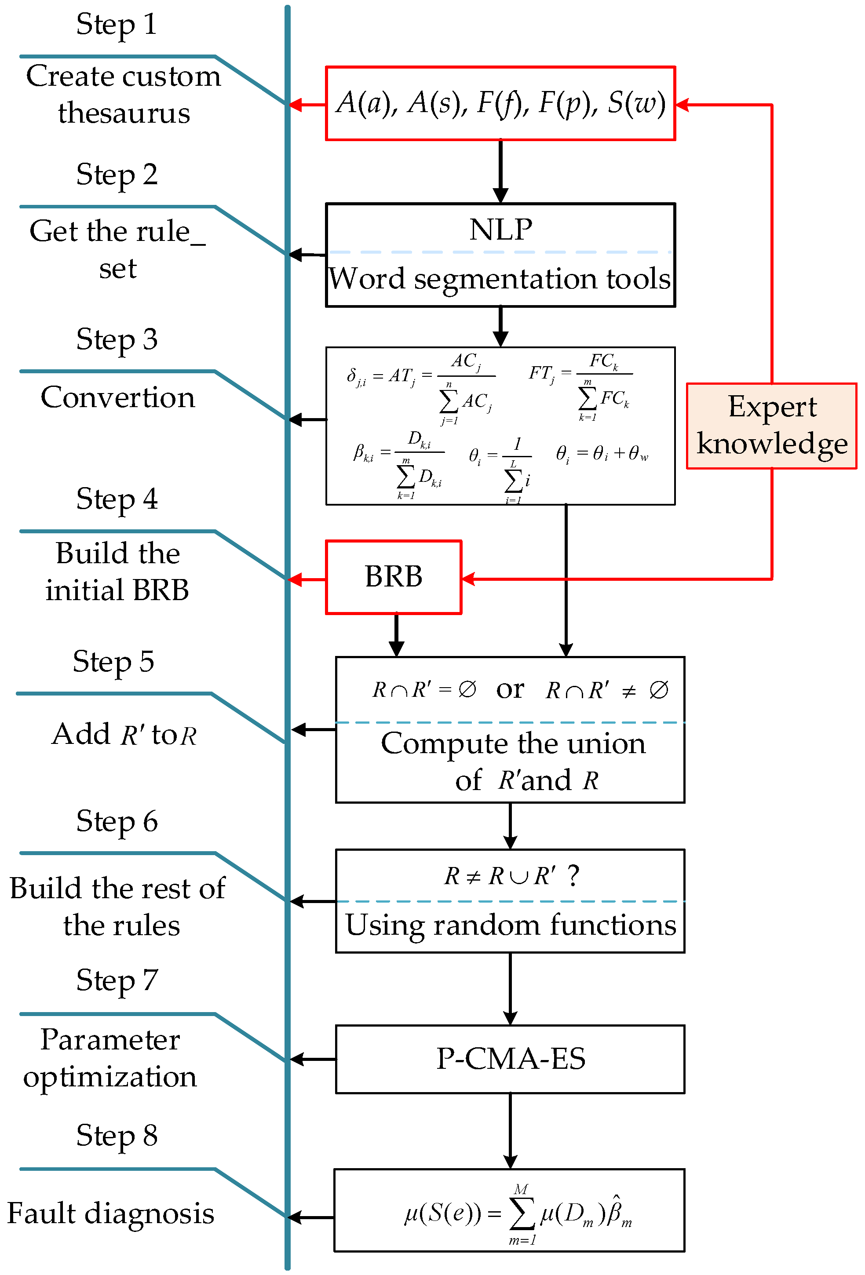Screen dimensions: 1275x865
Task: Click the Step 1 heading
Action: [117, 25]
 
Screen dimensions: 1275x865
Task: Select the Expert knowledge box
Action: [771, 426]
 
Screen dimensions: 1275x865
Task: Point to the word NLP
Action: [500, 229]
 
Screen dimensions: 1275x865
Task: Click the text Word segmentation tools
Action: [500, 279]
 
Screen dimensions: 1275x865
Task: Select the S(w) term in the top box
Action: [635, 102]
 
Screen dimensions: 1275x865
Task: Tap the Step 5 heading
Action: [113, 661]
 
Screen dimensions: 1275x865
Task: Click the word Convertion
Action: [117, 397]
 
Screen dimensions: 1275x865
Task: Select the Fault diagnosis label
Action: [110, 1213]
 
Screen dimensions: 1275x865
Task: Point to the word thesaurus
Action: [124, 113]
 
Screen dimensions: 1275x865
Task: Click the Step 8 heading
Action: [117, 1135]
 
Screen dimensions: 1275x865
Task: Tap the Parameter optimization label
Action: [110, 1058]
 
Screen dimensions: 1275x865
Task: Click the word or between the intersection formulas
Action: [510, 689]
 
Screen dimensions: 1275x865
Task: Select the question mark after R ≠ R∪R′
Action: [573, 876]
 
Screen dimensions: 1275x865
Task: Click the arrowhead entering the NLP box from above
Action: [500, 196]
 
